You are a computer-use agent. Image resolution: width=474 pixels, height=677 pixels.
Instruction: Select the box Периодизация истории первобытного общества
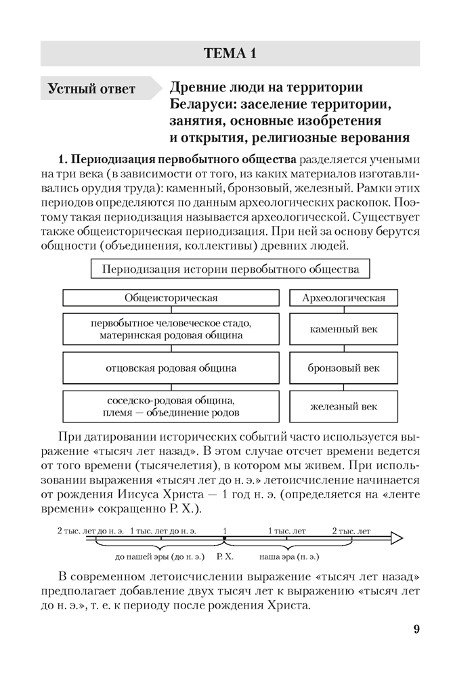pos(230,269)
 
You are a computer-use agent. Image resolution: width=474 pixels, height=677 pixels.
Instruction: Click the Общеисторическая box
pos(171,298)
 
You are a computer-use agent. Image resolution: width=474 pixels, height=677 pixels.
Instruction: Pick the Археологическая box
pos(343,298)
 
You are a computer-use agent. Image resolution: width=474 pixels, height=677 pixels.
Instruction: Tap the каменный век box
pos(343,330)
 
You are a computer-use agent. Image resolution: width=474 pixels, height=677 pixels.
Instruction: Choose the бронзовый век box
pos(343,368)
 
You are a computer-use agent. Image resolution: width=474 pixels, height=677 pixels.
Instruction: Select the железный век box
pos(343,407)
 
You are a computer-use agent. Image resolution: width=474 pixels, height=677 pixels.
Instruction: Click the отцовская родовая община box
pos(171,368)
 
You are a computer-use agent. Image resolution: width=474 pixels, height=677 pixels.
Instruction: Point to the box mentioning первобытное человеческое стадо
pos(171,330)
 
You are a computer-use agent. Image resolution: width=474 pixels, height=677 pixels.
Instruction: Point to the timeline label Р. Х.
pos(225,556)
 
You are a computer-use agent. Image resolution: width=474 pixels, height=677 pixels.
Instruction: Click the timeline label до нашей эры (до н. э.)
pos(160,556)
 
